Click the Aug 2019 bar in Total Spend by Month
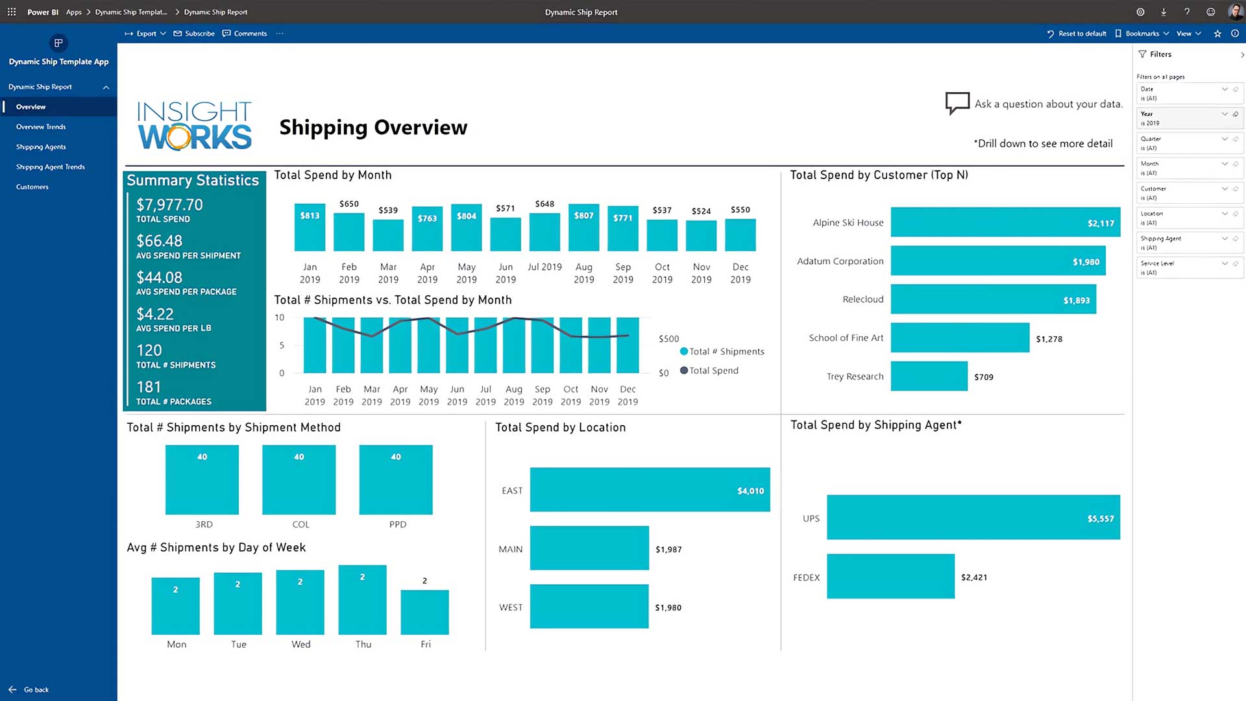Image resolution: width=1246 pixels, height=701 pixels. coord(583,228)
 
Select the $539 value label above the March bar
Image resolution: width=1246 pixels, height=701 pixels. coord(388,210)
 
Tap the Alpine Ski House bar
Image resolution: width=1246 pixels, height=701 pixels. coord(1005,222)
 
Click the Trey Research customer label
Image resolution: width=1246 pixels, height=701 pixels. coord(855,376)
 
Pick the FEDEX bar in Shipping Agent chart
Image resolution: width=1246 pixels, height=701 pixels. coord(890,576)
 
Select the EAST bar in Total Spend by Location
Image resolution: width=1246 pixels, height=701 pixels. coord(650,489)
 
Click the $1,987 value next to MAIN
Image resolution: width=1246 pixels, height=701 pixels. coord(668,550)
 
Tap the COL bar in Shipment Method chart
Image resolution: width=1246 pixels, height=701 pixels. coord(299,480)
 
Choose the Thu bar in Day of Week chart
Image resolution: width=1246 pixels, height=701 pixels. coord(362,600)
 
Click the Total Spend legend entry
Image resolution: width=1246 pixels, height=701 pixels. coord(713,371)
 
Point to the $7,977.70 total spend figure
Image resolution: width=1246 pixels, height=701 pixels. coord(169,205)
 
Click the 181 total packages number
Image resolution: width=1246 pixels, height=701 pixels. coord(149,387)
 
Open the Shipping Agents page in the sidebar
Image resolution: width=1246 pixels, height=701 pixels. coord(41,147)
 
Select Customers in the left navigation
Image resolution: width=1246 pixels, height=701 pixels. coord(32,187)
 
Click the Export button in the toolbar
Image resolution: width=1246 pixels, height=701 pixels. coord(145,34)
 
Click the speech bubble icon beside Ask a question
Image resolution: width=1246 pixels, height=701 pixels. coord(957,103)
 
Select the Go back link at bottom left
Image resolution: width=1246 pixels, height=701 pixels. coord(36,690)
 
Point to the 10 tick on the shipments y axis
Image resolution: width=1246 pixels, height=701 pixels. coord(279,318)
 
